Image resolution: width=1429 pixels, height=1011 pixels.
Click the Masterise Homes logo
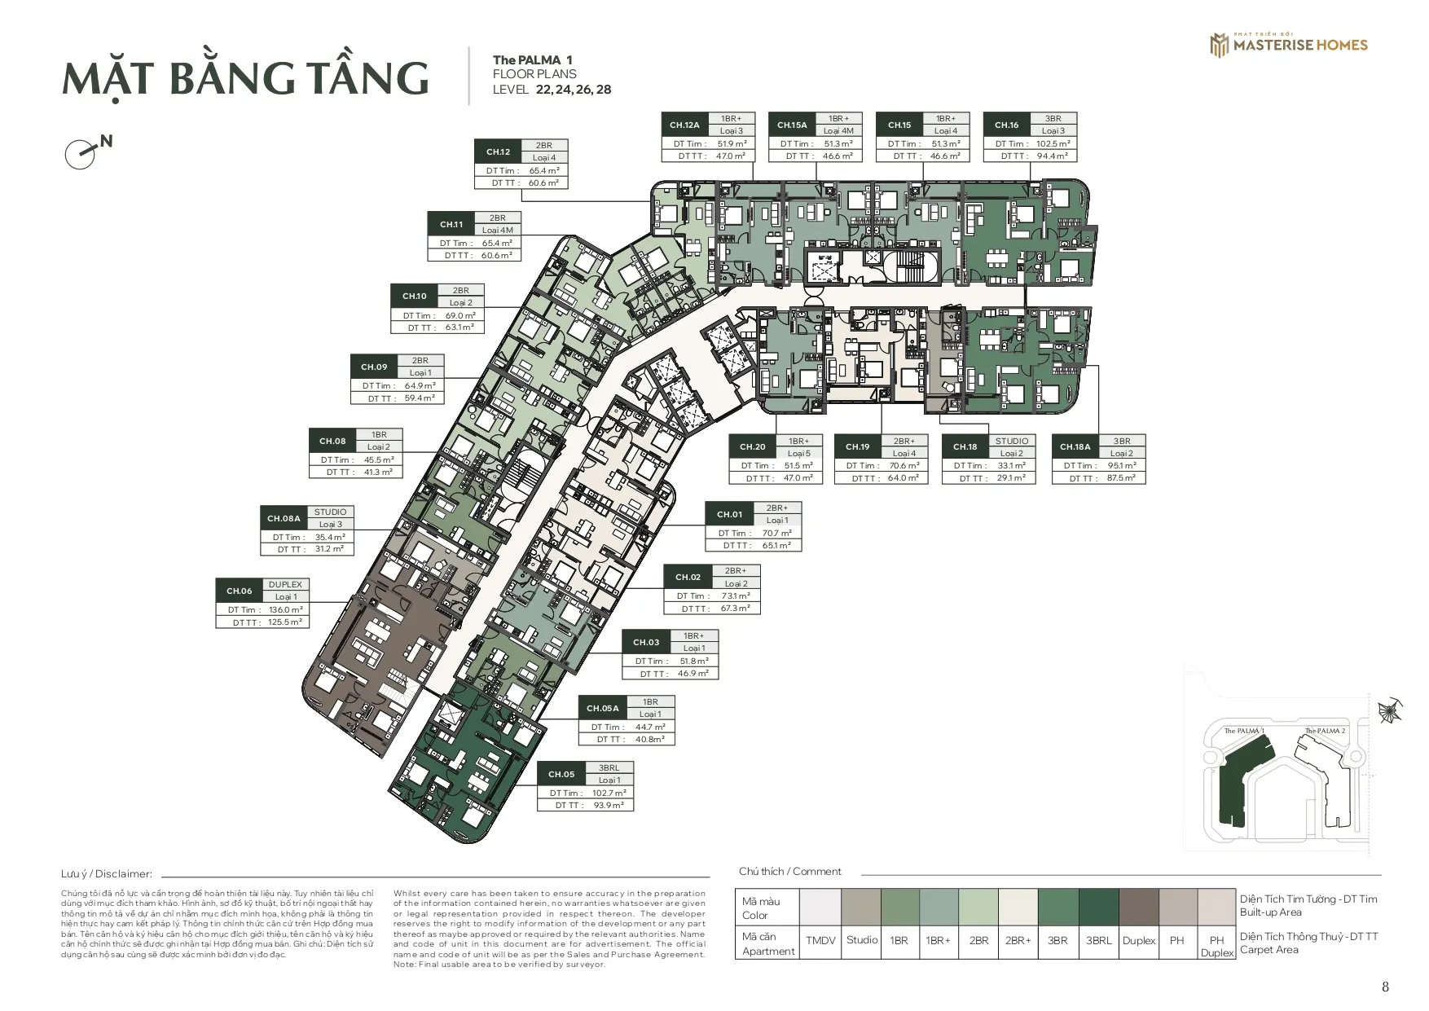(x=1288, y=45)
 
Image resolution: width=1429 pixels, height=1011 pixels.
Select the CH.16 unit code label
(x=1006, y=125)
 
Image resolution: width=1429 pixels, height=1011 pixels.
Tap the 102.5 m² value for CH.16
(x=1053, y=143)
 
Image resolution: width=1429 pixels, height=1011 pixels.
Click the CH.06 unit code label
(x=240, y=591)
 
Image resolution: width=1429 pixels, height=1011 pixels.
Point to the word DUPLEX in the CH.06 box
(x=285, y=584)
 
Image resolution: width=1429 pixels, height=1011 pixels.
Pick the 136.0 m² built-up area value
(x=285, y=609)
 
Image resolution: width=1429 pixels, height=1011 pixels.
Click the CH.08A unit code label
(x=284, y=518)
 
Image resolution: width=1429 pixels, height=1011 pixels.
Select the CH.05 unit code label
(x=561, y=774)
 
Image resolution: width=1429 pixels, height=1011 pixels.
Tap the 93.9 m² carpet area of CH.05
(x=608, y=805)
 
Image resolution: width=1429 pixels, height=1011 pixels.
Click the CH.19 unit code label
(x=857, y=446)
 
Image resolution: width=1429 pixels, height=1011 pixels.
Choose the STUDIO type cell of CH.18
(x=1011, y=441)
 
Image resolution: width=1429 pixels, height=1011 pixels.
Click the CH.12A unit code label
(x=684, y=125)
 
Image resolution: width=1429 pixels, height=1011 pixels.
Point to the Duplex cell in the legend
(x=1138, y=940)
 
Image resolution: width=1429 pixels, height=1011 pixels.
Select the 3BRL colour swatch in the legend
(x=1098, y=906)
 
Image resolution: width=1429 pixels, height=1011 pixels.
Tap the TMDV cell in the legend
(x=820, y=940)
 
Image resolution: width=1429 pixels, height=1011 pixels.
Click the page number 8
(x=1385, y=987)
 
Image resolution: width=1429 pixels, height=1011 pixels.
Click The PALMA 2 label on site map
(x=1325, y=731)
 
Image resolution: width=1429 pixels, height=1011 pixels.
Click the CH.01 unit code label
(x=729, y=514)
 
